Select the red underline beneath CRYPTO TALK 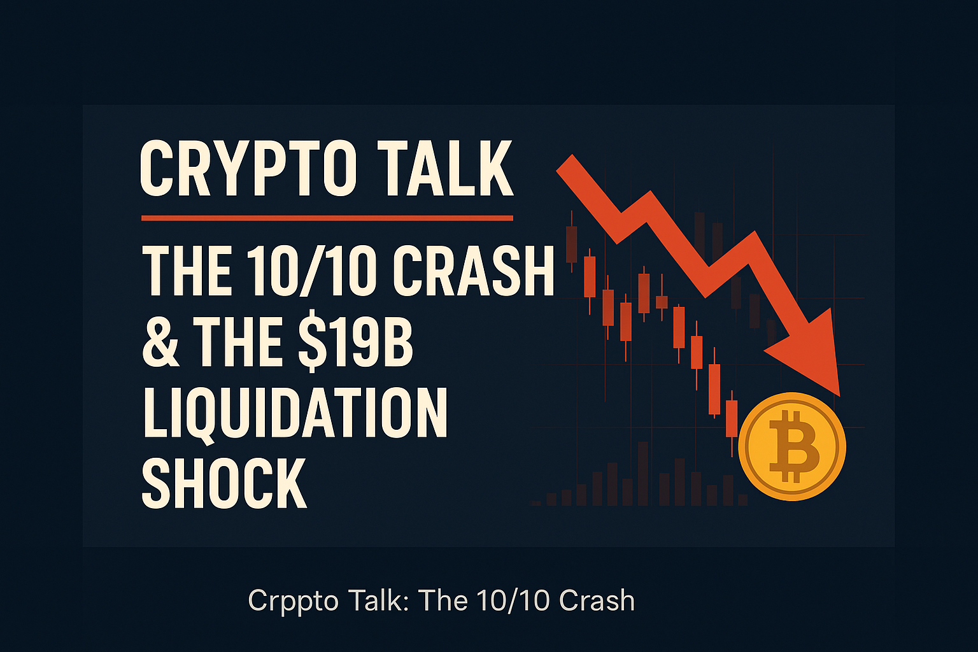tap(327, 218)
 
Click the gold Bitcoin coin tap(792, 446)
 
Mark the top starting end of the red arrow tap(567, 163)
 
